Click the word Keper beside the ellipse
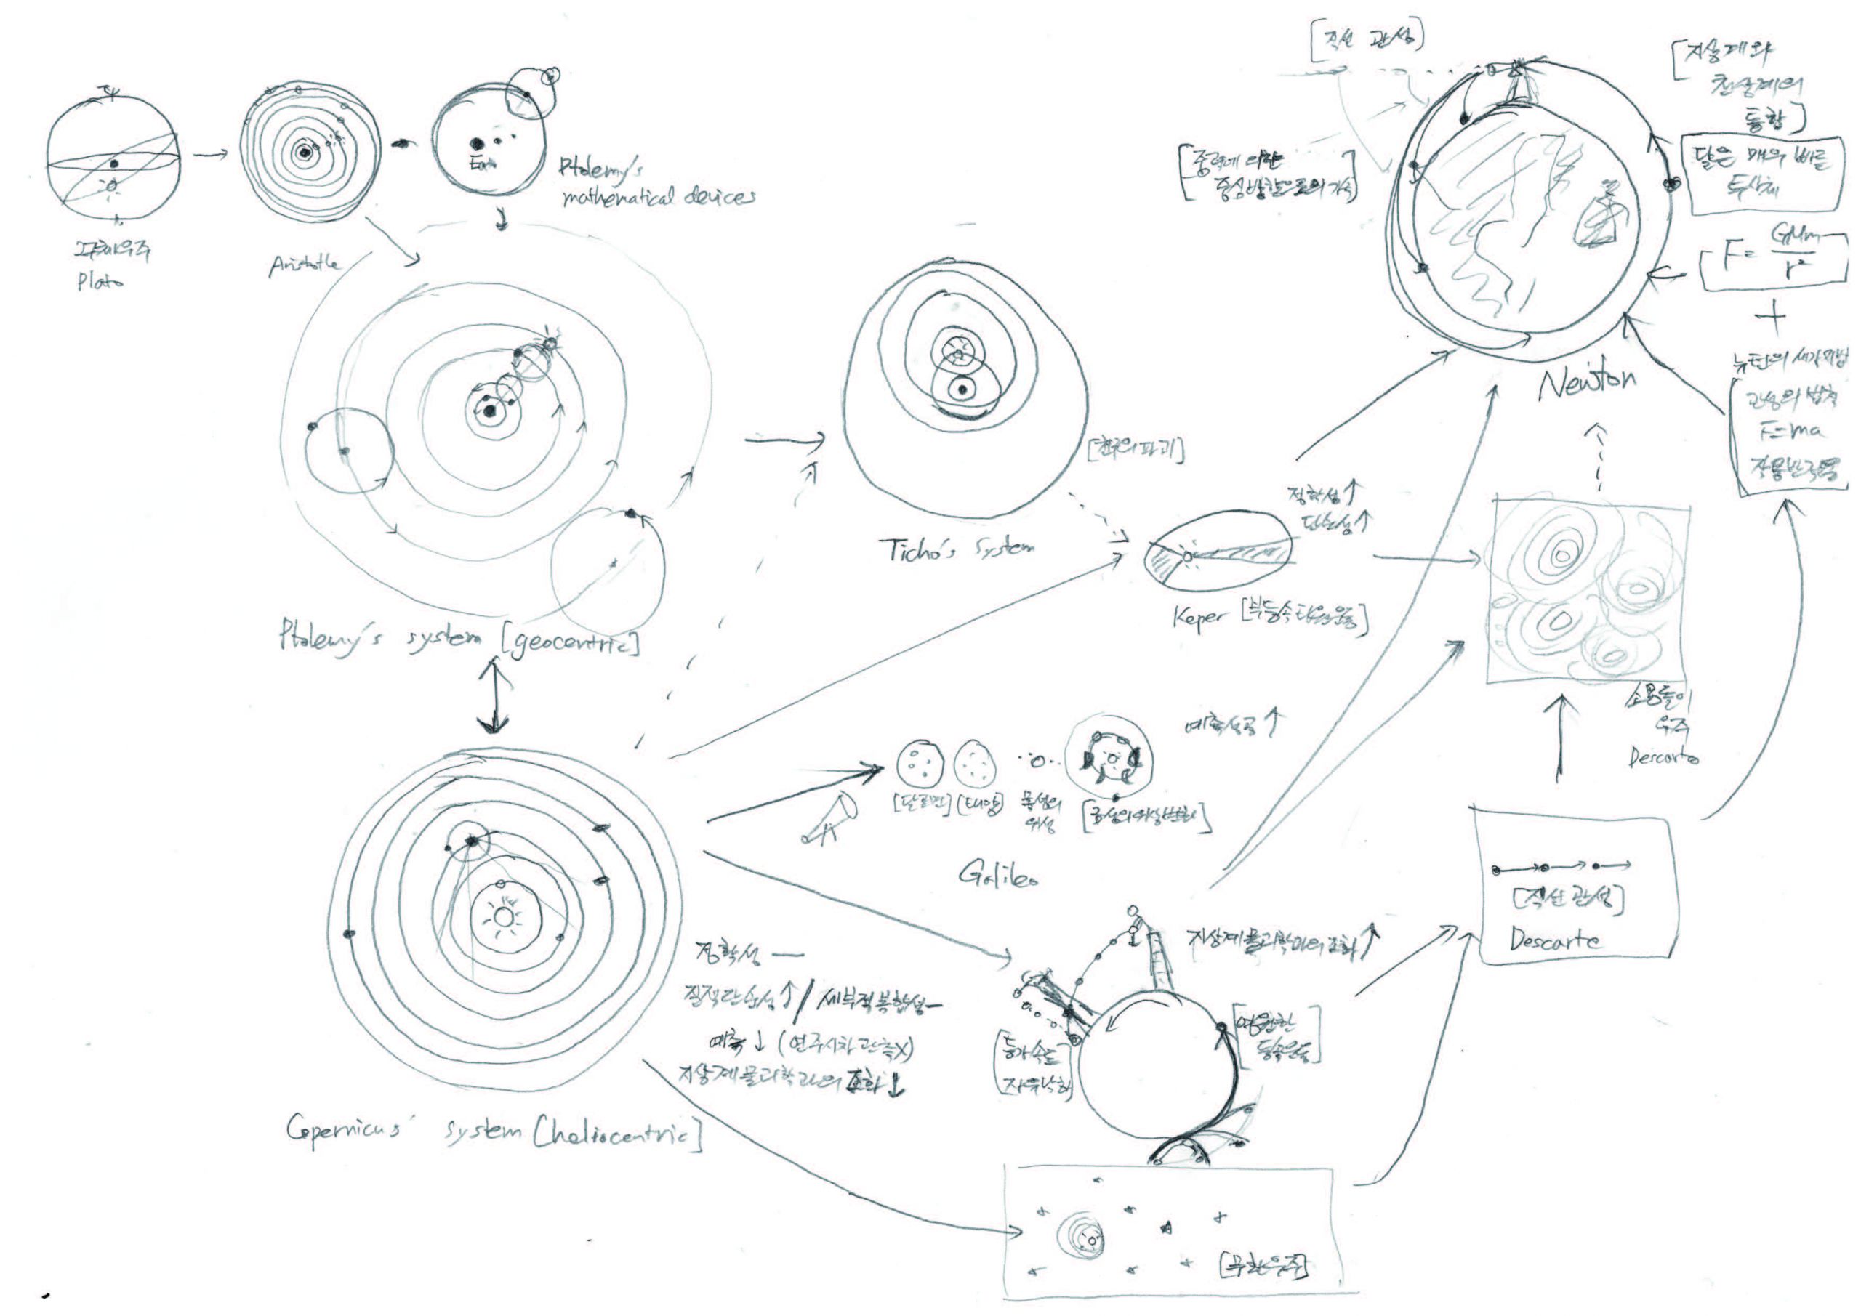click(1198, 620)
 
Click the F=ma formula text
click(1792, 432)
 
